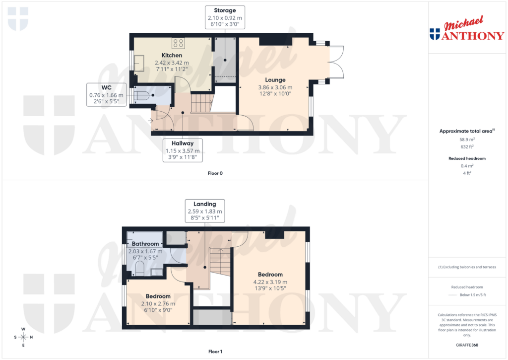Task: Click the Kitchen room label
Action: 172,55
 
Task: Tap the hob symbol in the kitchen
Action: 178,43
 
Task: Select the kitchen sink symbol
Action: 137,63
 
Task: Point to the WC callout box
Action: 106,94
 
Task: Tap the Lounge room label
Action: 275,80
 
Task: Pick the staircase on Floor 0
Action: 201,103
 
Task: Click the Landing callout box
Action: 204,211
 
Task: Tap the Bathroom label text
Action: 145,244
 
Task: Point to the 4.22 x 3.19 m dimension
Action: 270,282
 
